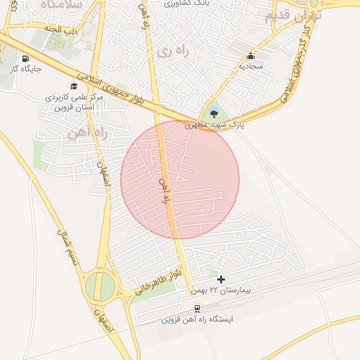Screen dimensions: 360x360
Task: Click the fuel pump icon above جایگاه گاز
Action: pyautogui.click(x=26, y=59)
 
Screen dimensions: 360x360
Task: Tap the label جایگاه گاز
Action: pyautogui.click(x=26, y=70)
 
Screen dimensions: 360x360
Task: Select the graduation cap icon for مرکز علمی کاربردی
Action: pyautogui.click(x=74, y=86)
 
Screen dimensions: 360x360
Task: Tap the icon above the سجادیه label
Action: pyautogui.click(x=250, y=56)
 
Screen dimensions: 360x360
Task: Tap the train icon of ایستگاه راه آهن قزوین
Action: pyautogui.click(x=198, y=308)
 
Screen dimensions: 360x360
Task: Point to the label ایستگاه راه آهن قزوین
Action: pyautogui.click(x=198, y=319)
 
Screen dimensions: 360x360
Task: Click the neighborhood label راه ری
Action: pyautogui.click(x=169, y=52)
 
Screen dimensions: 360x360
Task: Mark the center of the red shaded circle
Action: pyautogui.click(x=180, y=180)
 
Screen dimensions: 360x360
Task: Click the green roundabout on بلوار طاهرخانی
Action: pyautogui.click(x=99, y=287)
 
